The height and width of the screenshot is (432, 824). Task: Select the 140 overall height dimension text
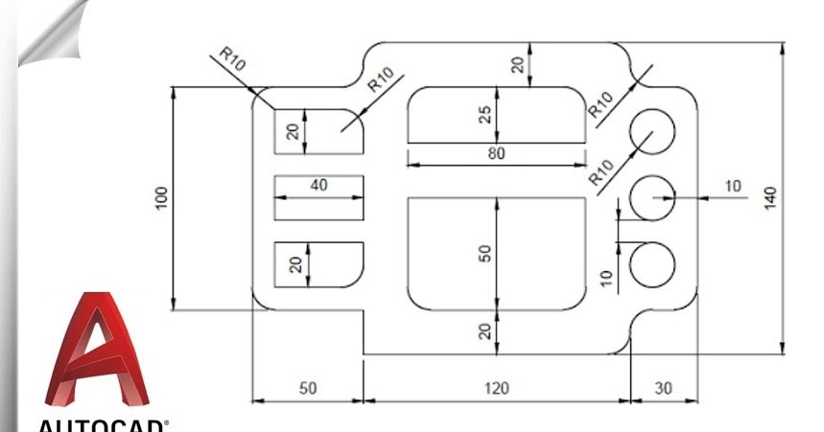pyautogui.click(x=771, y=197)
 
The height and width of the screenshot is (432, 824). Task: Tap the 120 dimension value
pyautogui.click(x=496, y=388)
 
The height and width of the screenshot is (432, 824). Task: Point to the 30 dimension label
pyautogui.click(x=664, y=388)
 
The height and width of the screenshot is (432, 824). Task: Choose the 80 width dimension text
pyautogui.click(x=496, y=153)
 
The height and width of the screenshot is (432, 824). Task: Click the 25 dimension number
pyautogui.click(x=485, y=114)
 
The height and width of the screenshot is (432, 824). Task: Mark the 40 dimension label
pyautogui.click(x=318, y=185)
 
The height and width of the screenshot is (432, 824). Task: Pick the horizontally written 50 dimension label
pyautogui.click(x=307, y=388)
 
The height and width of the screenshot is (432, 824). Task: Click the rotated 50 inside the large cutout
pyautogui.click(x=485, y=253)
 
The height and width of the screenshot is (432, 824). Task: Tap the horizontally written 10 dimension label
pyautogui.click(x=733, y=186)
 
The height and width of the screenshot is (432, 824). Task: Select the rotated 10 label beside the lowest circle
pyautogui.click(x=605, y=277)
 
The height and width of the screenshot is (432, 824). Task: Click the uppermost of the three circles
pyautogui.click(x=653, y=129)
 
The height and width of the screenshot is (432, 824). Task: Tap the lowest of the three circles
pyautogui.click(x=653, y=264)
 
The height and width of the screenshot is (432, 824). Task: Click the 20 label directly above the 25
pyautogui.click(x=518, y=64)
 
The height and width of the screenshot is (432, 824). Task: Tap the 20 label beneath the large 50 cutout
pyautogui.click(x=485, y=331)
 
